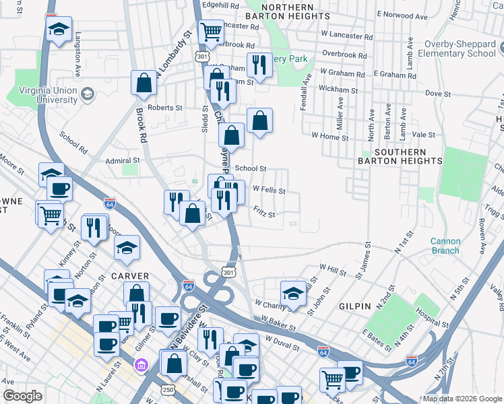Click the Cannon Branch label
pos(445,246)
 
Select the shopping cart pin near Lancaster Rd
pos(212,31)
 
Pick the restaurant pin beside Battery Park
pos(259,65)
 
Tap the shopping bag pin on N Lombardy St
pos(144,83)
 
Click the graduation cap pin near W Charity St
pos(292,294)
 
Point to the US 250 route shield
pos(166,391)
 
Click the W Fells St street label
pos(269,191)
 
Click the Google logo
pos(22,396)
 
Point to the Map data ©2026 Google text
pos(462,399)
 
